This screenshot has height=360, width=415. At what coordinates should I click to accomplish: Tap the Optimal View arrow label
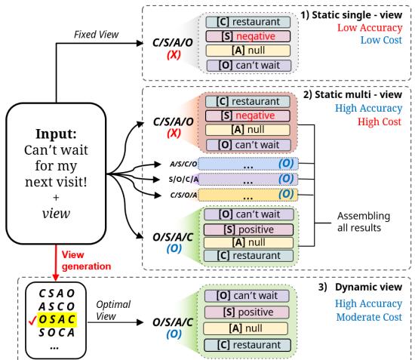pyautogui.click(x=112, y=309)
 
